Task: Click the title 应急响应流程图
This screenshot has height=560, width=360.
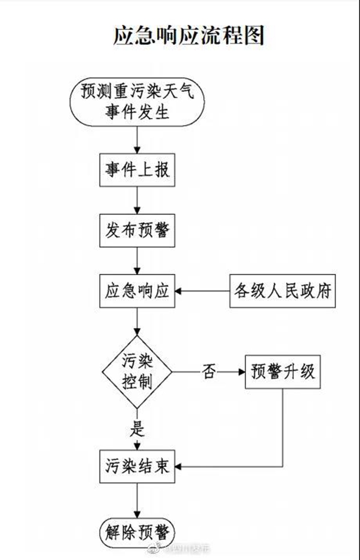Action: click(x=188, y=35)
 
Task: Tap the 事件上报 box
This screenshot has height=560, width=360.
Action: click(x=137, y=169)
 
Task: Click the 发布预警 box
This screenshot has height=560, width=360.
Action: click(x=137, y=230)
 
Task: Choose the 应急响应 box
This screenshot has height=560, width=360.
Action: click(x=137, y=292)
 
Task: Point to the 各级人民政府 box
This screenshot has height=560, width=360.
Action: click(x=282, y=292)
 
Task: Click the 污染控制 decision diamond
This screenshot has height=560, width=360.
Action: click(x=137, y=372)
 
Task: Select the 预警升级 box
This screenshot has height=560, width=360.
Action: click(x=283, y=372)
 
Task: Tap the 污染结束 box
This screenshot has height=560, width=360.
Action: click(x=137, y=467)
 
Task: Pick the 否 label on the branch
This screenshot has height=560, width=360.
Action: click(x=209, y=372)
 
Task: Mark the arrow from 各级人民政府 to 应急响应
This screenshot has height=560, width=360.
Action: click(x=202, y=292)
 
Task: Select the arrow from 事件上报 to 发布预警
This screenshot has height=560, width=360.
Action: click(x=137, y=200)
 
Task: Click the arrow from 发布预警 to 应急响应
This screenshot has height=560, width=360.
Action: click(x=137, y=261)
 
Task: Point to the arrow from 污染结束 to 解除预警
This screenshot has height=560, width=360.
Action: click(x=137, y=499)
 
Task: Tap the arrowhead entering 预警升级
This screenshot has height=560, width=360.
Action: click(x=242, y=372)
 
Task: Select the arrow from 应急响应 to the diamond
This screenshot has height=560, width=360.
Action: click(x=137, y=323)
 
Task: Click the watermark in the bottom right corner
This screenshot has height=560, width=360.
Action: click(x=186, y=548)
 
